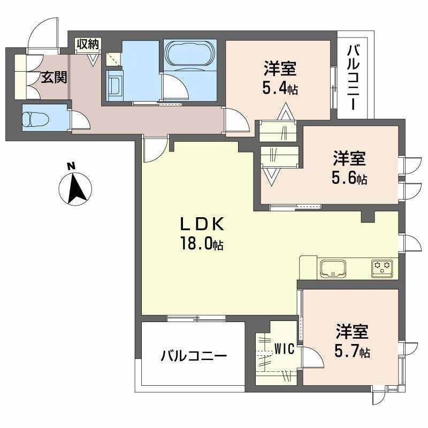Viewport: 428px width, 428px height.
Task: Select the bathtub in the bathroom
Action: (190, 54)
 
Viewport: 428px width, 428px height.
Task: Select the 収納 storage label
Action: (87, 44)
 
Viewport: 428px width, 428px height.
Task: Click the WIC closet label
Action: (285, 349)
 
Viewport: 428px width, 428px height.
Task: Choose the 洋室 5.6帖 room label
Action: (350, 168)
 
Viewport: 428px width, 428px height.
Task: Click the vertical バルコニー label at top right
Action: (353, 78)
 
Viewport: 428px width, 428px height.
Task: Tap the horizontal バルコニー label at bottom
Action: (194, 356)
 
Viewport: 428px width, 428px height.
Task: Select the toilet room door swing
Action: (80, 119)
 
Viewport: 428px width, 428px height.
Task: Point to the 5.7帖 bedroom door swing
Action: (313, 357)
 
